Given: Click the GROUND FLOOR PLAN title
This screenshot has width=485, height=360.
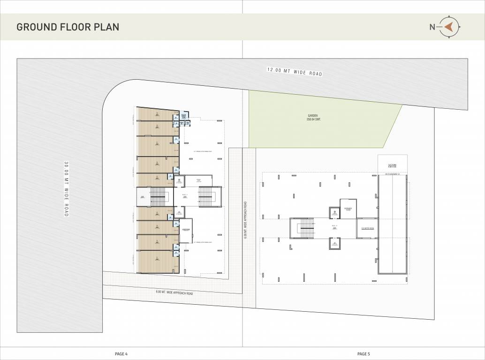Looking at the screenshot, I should pyautogui.click(x=68, y=27).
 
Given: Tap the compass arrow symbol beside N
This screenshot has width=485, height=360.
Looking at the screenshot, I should pyautogui.click(x=449, y=27).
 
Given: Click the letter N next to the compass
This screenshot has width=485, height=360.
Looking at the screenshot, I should pyautogui.click(x=432, y=27).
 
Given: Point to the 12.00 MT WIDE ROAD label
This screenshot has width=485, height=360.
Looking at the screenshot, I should pyautogui.click(x=295, y=72).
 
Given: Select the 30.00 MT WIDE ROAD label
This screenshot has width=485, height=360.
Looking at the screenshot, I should pyautogui.click(x=66, y=189).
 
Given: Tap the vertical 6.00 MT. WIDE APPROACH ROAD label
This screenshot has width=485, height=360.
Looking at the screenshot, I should pyautogui.click(x=245, y=220).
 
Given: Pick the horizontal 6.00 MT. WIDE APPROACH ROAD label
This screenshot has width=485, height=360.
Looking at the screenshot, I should pyautogui.click(x=174, y=292).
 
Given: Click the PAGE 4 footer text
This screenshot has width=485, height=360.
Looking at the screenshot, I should pyautogui.click(x=121, y=353).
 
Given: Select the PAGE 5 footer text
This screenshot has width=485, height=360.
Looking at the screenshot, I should pyautogui.click(x=364, y=353).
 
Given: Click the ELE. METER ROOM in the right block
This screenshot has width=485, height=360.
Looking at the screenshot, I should pyautogui.click(x=367, y=228).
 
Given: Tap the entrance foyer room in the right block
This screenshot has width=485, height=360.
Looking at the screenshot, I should pyautogui.click(x=348, y=209).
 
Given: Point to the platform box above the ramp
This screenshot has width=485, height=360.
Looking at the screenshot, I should pyautogui.click(x=392, y=165).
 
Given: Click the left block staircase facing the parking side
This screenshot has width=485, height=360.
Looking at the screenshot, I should pyautogui.click(x=206, y=196).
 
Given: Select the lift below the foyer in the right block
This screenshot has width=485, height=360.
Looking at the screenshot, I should pyautogui.click(x=334, y=244).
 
